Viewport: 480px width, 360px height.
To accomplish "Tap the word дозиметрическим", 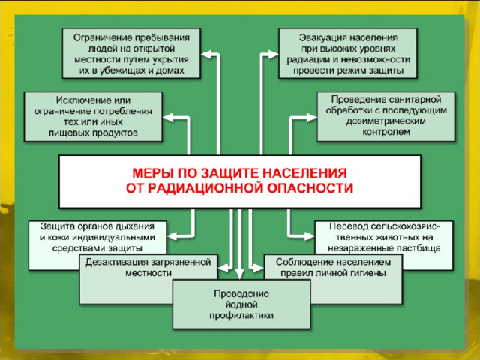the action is [x=385, y=121].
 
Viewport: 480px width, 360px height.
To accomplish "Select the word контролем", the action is [x=386, y=132].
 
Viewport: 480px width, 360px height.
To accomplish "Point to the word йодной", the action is [x=241, y=304].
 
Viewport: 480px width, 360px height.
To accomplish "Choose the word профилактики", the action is [x=241, y=316].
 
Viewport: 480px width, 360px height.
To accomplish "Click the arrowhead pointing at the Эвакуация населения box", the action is [x=273, y=55].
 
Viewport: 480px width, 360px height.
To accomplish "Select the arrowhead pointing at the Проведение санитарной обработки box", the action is [x=312, y=118].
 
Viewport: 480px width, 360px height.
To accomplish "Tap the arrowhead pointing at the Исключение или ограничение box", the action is [x=168, y=118].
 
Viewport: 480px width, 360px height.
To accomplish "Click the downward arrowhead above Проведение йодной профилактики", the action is [x=239, y=274].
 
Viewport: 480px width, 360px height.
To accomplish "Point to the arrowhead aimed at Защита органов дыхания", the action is [x=172, y=236].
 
